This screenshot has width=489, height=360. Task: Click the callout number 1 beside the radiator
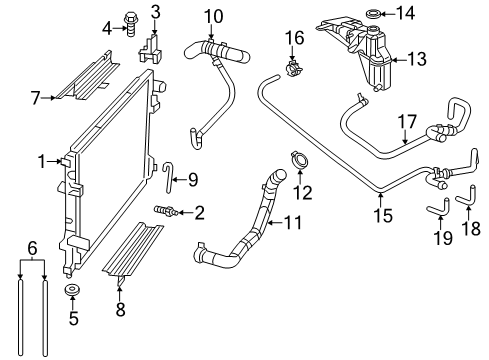tap(41, 160)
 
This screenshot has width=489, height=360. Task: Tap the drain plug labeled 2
tap(163, 211)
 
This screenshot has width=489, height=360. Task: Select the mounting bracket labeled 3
tap(152, 49)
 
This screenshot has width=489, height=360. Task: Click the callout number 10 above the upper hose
tap(212, 15)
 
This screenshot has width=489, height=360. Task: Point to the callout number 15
tap(378, 214)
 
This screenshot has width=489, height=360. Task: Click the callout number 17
tap(406, 123)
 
